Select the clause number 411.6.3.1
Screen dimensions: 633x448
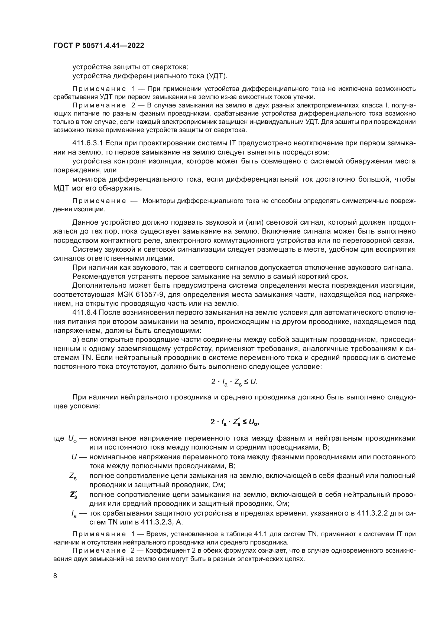(x=87, y=143)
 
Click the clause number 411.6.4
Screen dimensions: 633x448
(x=84, y=313)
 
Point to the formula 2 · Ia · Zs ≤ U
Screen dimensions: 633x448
(x=234, y=382)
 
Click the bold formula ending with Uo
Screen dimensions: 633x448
(x=234, y=422)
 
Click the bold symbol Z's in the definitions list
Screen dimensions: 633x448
(x=73, y=495)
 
